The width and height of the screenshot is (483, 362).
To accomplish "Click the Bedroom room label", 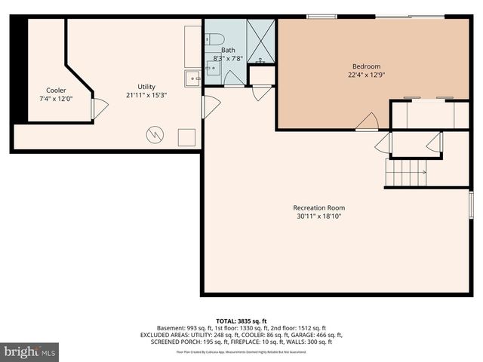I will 366,66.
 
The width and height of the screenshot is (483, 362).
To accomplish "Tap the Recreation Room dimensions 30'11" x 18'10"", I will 319,217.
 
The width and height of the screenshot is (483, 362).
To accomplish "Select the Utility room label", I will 146,86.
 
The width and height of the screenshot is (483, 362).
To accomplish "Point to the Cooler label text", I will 56,90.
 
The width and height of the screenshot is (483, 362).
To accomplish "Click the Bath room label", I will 228,50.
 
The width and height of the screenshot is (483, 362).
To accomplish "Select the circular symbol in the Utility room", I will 155,134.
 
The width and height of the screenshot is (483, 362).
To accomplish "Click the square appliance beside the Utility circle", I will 186,137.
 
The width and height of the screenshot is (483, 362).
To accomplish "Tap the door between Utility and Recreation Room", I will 210,106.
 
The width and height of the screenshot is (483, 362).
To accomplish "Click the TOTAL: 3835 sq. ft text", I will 241,321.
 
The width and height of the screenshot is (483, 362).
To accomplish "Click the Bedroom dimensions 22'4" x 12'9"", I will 366,74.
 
